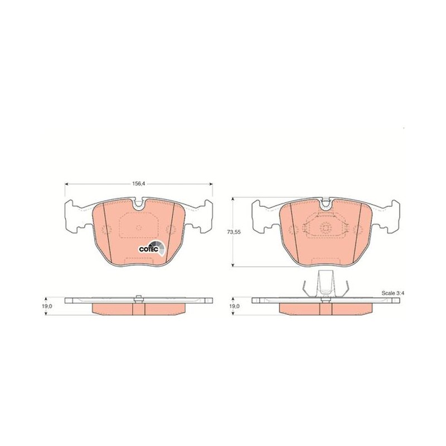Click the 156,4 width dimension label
click(138, 184)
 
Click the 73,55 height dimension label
click(234, 232)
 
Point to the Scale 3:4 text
click(392, 293)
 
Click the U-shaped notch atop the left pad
click(138, 203)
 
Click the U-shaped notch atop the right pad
click(326, 203)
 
